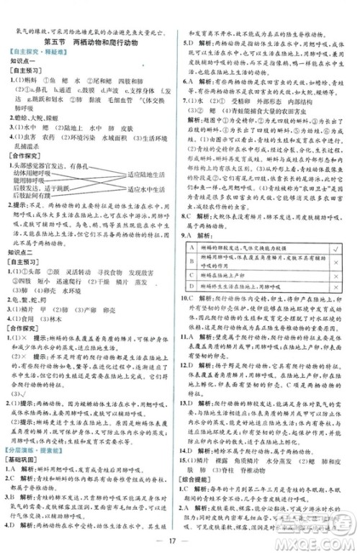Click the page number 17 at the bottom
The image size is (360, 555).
(180, 538)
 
